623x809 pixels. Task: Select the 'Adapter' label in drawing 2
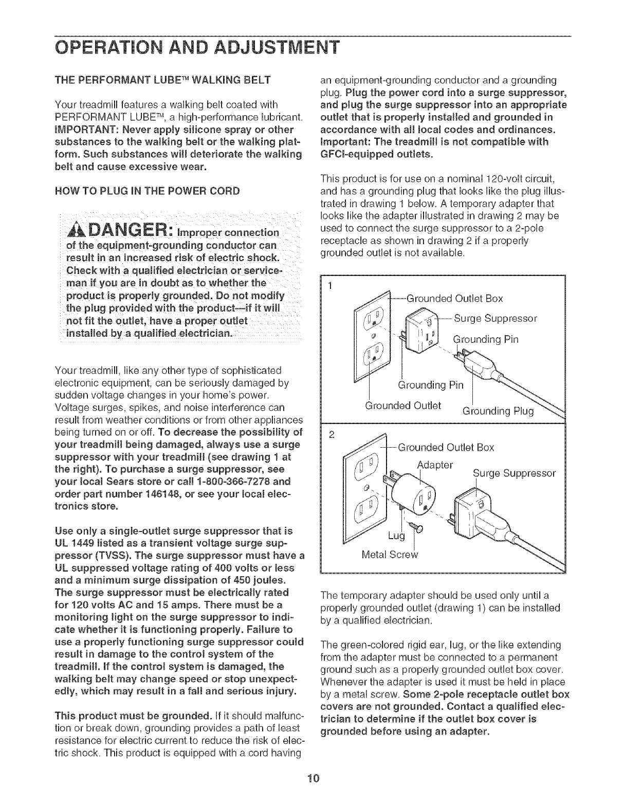[435, 465]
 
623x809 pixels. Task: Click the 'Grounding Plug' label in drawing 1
[499, 410]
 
